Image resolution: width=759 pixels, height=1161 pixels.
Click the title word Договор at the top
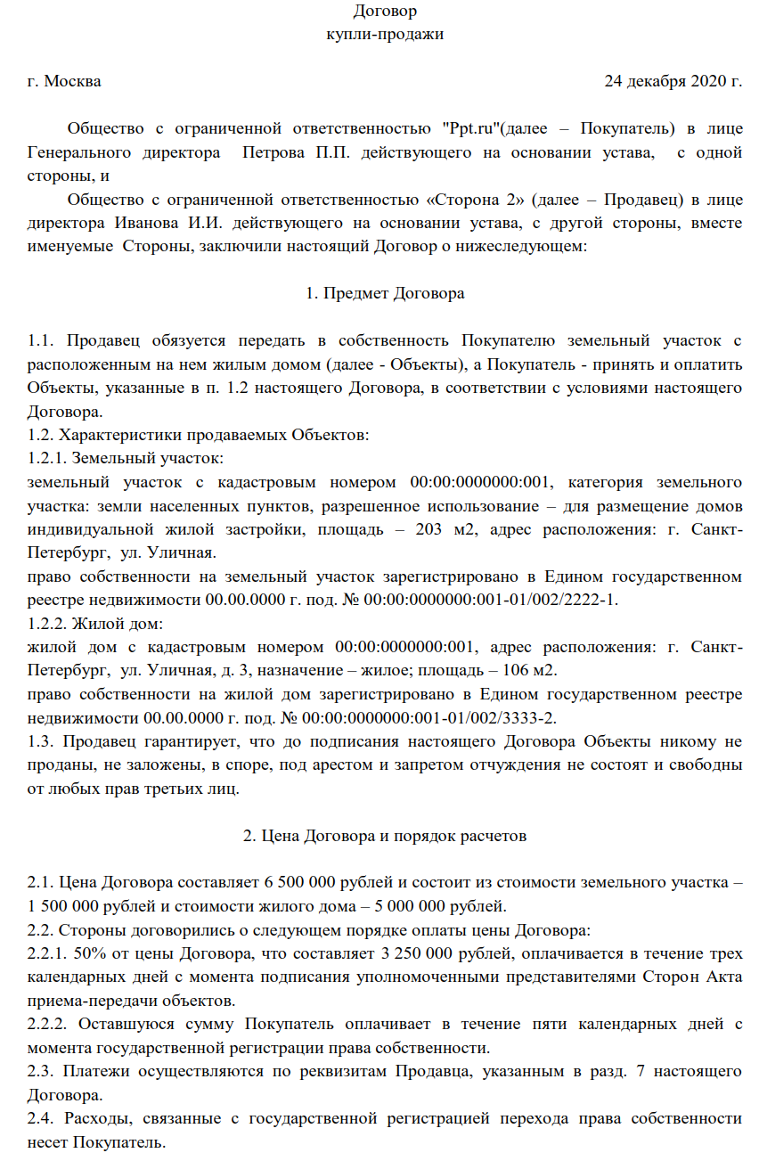385,12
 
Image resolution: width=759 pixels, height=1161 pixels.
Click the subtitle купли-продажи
385,35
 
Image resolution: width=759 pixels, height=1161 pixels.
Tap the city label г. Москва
64,82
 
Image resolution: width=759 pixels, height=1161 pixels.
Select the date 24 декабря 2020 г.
673,82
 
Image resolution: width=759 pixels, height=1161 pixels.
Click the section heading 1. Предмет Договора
385,292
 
